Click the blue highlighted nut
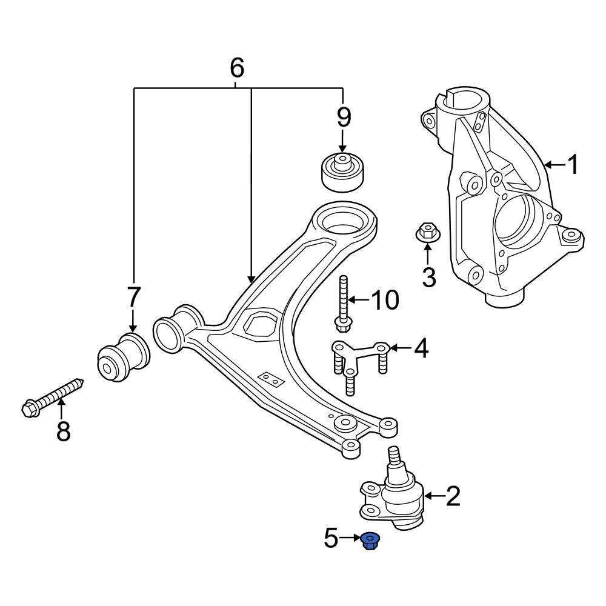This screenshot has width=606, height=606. pyautogui.click(x=370, y=540)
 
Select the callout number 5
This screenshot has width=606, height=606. pyautogui.click(x=331, y=538)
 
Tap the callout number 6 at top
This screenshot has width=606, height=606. pyautogui.click(x=237, y=68)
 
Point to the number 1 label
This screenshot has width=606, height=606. pyautogui.click(x=572, y=164)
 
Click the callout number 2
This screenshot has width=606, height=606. pyautogui.click(x=453, y=496)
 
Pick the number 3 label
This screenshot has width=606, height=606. pyautogui.click(x=428, y=277)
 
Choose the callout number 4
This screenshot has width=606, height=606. pyautogui.click(x=421, y=348)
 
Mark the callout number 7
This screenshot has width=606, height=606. pyautogui.click(x=133, y=298)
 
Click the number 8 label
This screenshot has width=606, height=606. pyautogui.click(x=63, y=431)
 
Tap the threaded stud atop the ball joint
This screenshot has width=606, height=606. pyautogui.click(x=394, y=456)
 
